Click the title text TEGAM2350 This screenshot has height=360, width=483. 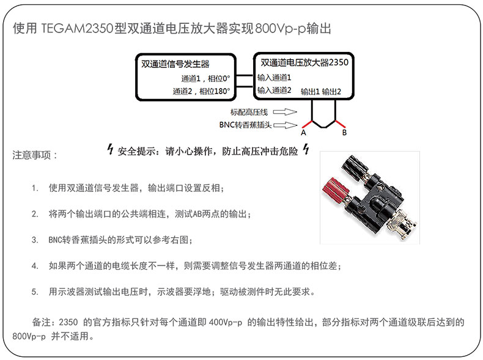[x=76, y=29]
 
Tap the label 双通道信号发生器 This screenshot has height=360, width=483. [x=175, y=64]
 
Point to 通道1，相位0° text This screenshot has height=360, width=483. [x=205, y=78]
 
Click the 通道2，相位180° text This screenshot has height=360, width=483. [x=201, y=91]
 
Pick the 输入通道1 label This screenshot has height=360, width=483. [x=274, y=78]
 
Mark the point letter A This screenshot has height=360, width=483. [x=304, y=133]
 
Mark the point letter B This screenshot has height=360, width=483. [x=344, y=133]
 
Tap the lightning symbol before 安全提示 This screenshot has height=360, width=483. [x=110, y=149]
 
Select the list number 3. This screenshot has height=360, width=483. [x=35, y=240]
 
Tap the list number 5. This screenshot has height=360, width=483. [x=35, y=292]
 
